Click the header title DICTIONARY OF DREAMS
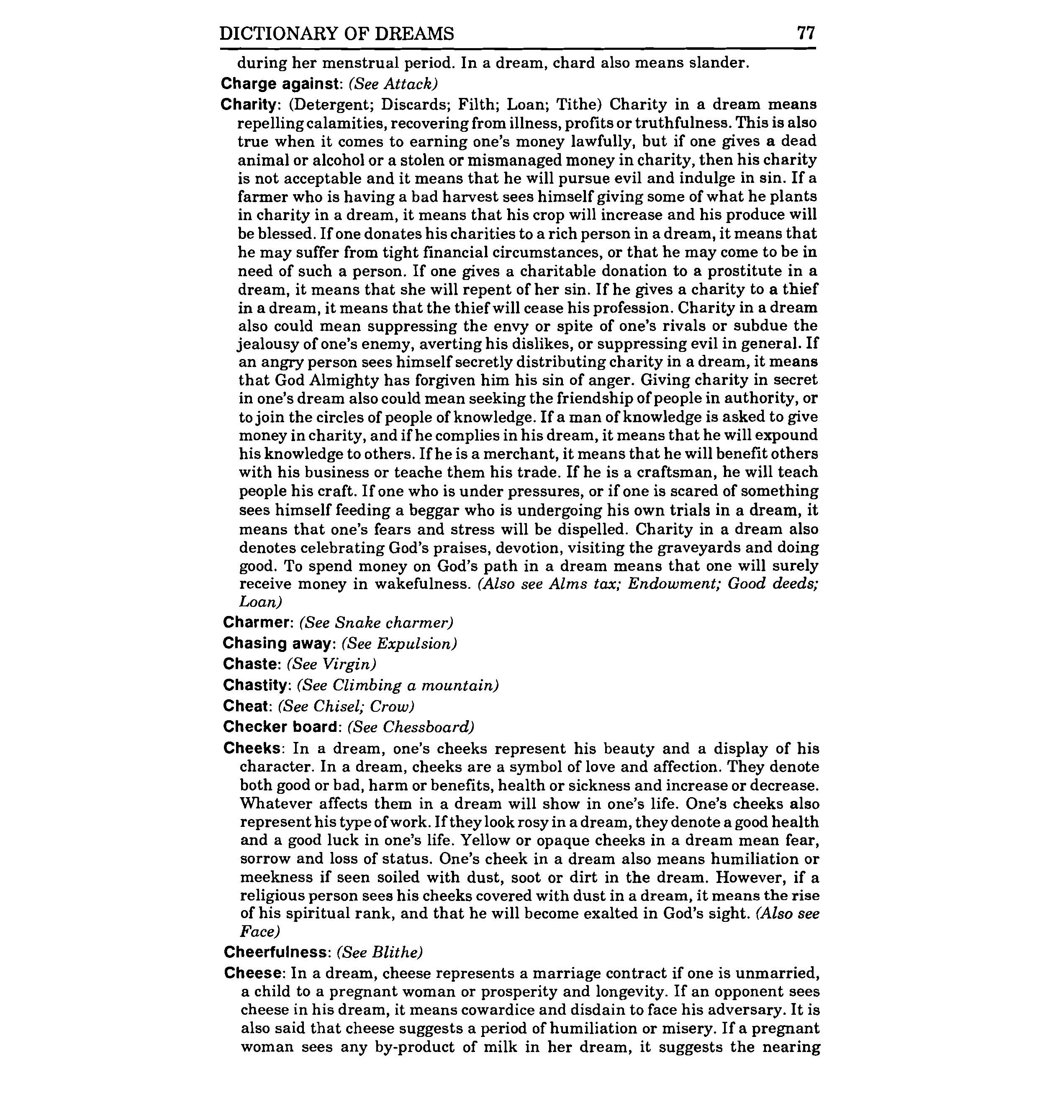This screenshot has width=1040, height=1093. click(336, 34)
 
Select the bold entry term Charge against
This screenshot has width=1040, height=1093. click(280, 84)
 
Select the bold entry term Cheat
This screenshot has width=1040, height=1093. click(246, 706)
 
